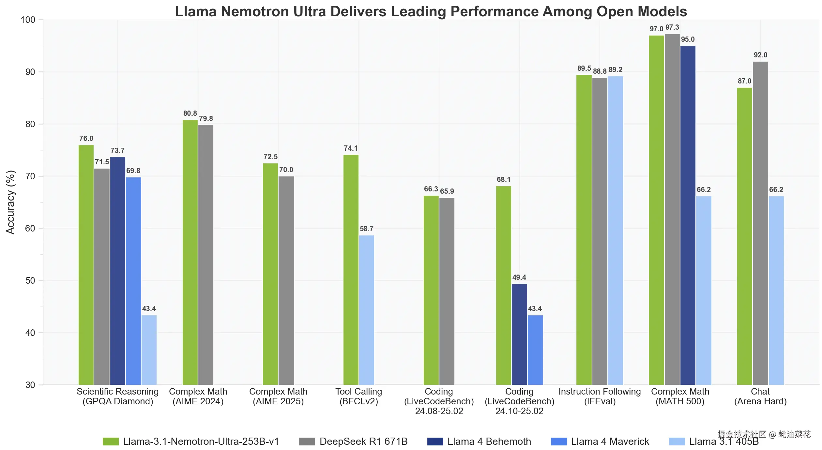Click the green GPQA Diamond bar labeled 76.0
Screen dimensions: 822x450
pyautogui.click(x=86, y=265)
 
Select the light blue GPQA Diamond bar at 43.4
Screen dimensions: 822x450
pyautogui.click(x=149, y=350)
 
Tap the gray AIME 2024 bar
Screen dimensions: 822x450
pyautogui.click(x=206, y=255)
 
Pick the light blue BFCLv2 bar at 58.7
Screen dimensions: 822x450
pyautogui.click(x=367, y=310)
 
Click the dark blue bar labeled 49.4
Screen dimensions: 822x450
pyautogui.click(x=519, y=334)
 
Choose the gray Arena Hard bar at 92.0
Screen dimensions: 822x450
pyautogui.click(x=760, y=223)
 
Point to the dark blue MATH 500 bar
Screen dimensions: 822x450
pyautogui.click(x=688, y=215)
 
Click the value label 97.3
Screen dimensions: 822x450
pyautogui.click(x=672, y=27)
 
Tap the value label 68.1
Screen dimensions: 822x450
pyautogui.click(x=504, y=179)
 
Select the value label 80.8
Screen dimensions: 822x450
pyautogui.click(x=190, y=113)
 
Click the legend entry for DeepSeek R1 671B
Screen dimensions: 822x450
pyautogui.click(x=353, y=442)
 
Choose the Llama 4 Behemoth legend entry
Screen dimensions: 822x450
pyautogui.click(x=479, y=442)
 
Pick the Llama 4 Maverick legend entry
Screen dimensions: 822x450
pyautogui.click(x=600, y=442)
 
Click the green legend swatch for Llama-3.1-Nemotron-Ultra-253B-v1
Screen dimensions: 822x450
pyautogui.click(x=111, y=442)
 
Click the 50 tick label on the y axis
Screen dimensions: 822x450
pyautogui.click(x=30, y=281)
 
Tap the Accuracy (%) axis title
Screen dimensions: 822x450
pyautogui.click(x=10, y=202)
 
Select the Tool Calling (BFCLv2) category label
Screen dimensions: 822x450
pyautogui.click(x=359, y=396)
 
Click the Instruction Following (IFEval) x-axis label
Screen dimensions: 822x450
pyautogui.click(x=600, y=396)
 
